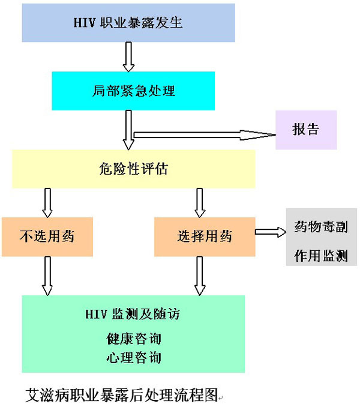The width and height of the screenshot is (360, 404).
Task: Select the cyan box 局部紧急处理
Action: point(133,91)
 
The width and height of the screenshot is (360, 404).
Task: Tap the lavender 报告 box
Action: point(305,130)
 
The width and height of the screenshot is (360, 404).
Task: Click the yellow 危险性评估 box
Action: point(133,169)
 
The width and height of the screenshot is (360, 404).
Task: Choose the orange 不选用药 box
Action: point(47,237)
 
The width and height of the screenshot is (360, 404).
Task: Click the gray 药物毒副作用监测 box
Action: point(321,237)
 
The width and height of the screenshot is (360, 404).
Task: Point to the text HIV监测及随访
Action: point(133,314)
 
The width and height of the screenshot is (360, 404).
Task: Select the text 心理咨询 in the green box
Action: point(133,358)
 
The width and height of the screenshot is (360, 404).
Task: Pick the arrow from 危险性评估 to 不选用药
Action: point(47,202)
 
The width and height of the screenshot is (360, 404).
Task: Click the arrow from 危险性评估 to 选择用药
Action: point(200,202)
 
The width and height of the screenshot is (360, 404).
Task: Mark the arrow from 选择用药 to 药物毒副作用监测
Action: point(271,232)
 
